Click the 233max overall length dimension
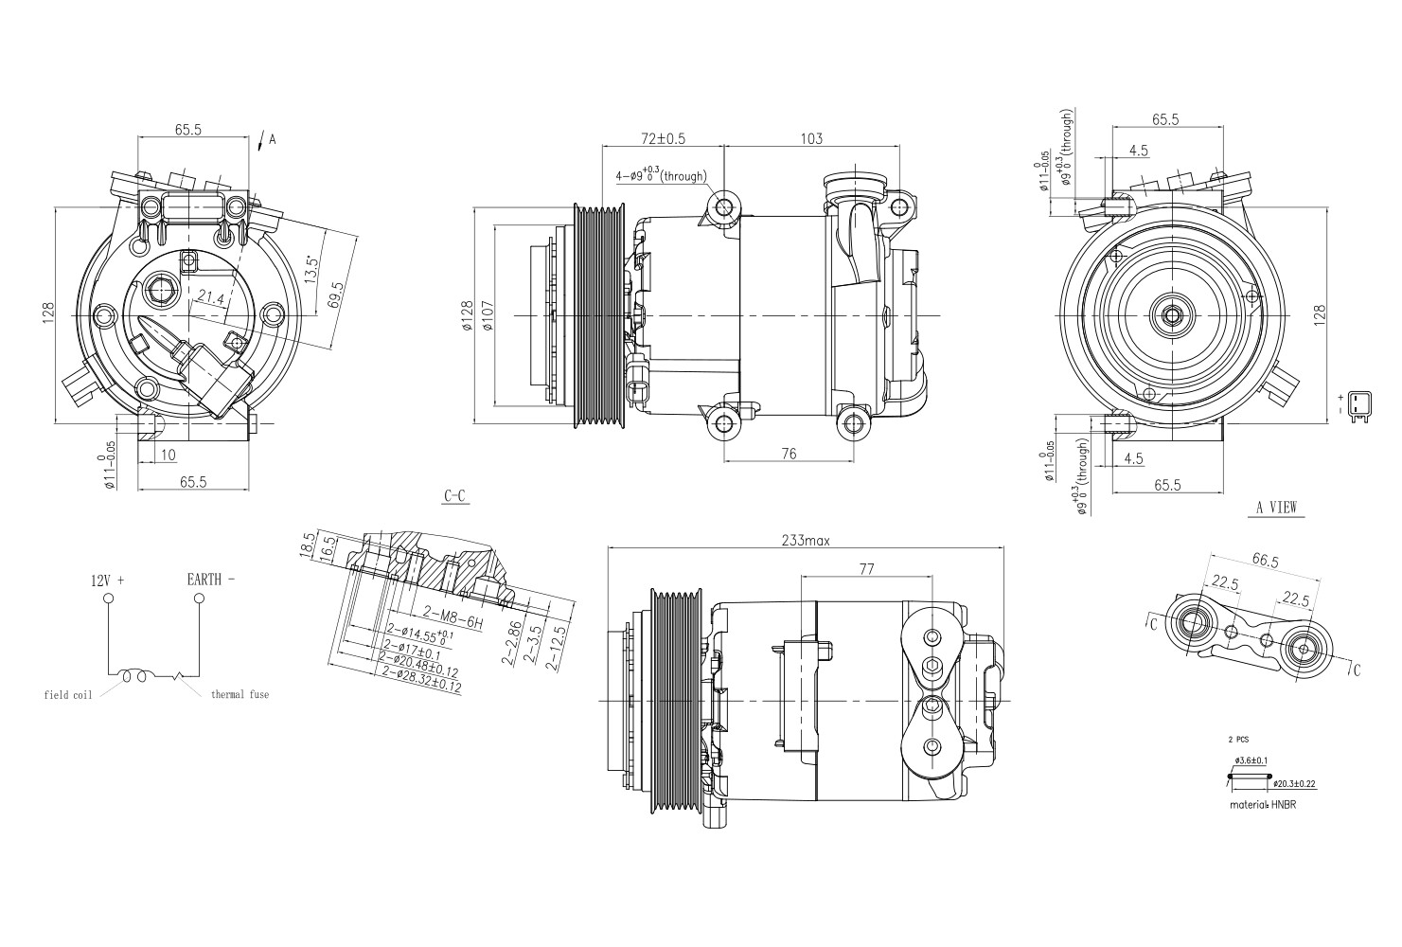(x=806, y=541)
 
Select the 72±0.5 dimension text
(x=663, y=138)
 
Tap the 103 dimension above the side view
(x=811, y=138)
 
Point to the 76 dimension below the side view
(x=789, y=454)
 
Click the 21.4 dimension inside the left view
(x=209, y=298)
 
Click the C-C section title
(x=455, y=496)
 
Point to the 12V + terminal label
(x=108, y=580)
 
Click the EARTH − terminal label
(x=210, y=579)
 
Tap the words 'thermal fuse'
(x=240, y=694)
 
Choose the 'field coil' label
(x=68, y=695)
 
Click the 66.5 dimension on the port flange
(x=1265, y=561)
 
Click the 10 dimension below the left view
(x=168, y=455)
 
